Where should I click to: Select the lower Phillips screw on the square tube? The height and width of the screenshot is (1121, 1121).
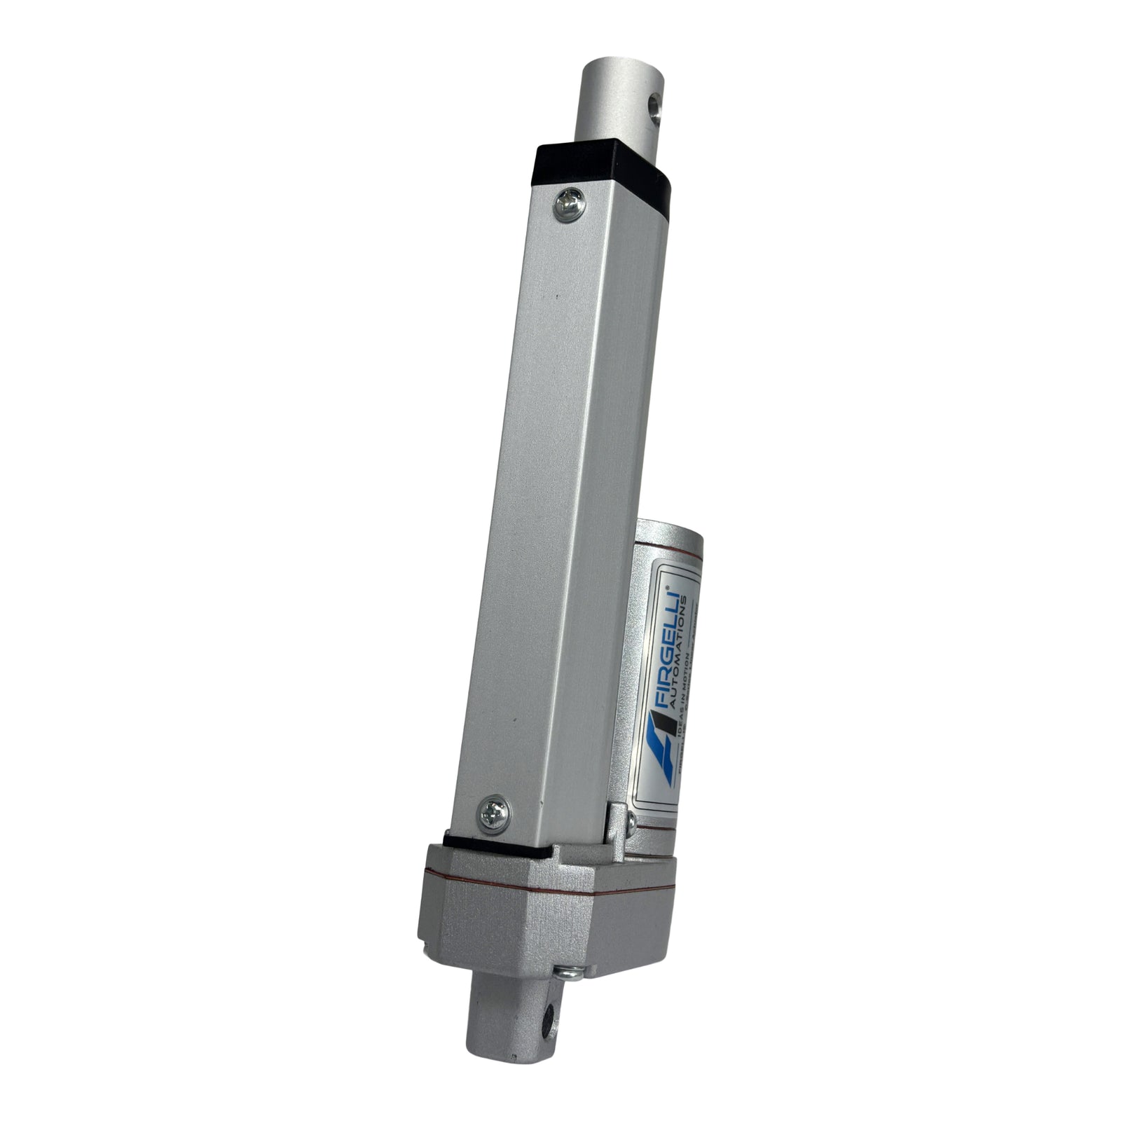pos(494,814)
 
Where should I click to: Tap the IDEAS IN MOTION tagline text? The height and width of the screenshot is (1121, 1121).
pos(689,701)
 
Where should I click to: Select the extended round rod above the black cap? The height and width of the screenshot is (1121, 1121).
pos(617,105)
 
